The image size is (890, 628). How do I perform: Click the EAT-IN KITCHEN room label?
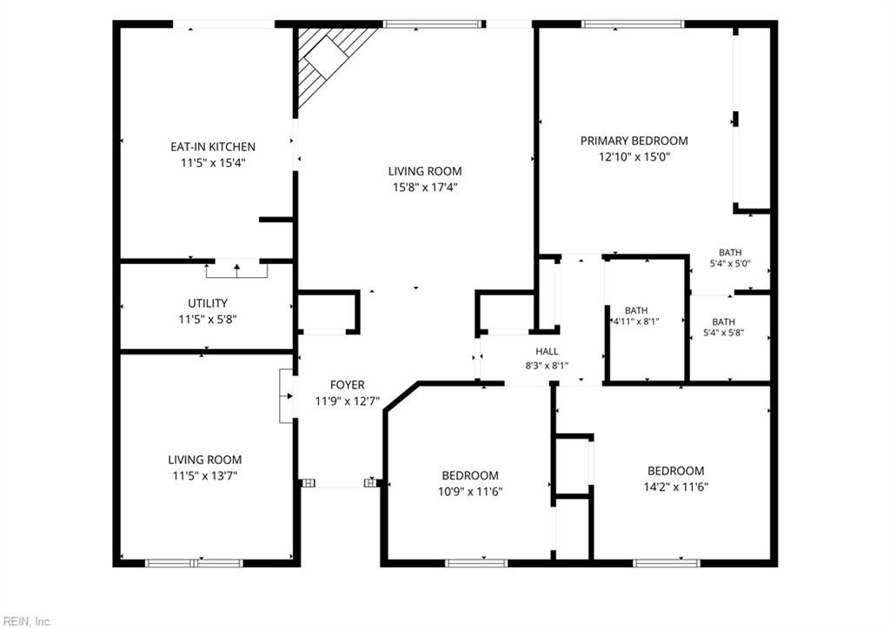point(213,147)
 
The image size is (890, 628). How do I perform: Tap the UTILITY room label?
point(208,303)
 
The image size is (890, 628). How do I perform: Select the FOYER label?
point(348,385)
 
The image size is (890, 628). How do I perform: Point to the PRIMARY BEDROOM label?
point(634,140)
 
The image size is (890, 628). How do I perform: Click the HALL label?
point(547,352)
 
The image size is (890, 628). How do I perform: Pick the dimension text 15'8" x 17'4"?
point(425,188)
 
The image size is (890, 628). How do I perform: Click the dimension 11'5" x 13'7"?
point(205,475)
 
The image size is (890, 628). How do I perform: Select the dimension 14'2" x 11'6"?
point(676,486)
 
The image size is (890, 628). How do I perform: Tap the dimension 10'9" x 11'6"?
point(470,492)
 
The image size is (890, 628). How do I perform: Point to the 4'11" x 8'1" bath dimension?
point(636,321)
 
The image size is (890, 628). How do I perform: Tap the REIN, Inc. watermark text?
point(27,621)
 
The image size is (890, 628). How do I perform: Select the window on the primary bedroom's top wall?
point(633,23)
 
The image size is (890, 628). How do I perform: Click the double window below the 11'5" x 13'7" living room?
point(194,564)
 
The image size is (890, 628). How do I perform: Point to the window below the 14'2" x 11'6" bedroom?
point(667,564)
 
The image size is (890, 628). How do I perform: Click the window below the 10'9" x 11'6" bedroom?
point(476,564)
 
